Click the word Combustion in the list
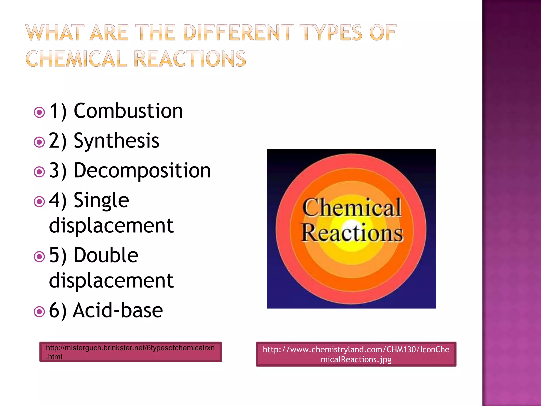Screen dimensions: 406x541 pyautogui.click(x=128, y=111)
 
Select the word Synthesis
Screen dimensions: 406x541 pyautogui.click(x=116, y=141)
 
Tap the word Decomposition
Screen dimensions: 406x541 pyautogui.click(x=142, y=170)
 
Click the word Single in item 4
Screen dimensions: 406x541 pyautogui.click(x=101, y=200)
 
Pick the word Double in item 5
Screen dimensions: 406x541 pyautogui.click(x=106, y=255)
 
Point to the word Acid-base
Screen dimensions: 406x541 pyautogui.click(x=118, y=310)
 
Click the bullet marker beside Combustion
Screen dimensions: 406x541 pyautogui.click(x=39, y=113)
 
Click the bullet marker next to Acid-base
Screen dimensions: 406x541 pyautogui.click(x=39, y=312)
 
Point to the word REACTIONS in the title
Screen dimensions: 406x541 pyautogui.click(x=190, y=59)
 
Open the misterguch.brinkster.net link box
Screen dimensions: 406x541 pyautogui.click(x=130, y=352)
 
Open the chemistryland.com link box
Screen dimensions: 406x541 pyautogui.click(x=356, y=354)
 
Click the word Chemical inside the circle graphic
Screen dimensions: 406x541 pyautogui.click(x=352, y=208)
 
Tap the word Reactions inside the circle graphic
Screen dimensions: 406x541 pyautogui.click(x=352, y=233)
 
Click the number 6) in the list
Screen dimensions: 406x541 pyautogui.click(x=58, y=311)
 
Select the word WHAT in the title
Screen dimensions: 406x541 pyautogui.click(x=55, y=33)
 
